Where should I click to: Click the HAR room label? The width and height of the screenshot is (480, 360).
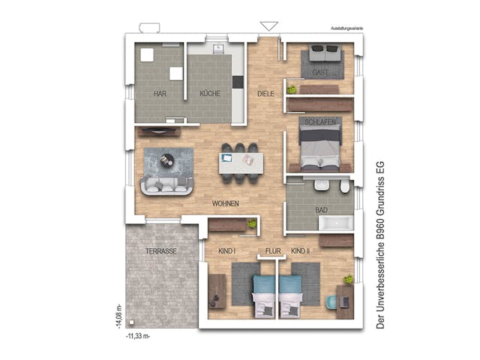(x=159, y=94)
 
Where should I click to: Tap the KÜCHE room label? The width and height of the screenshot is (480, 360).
(x=209, y=94)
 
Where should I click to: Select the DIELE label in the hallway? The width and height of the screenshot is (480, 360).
(x=265, y=94)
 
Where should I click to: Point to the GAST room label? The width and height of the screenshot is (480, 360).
(x=320, y=72)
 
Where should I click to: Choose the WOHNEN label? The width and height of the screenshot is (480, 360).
(x=226, y=203)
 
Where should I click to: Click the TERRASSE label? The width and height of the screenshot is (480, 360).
(x=162, y=251)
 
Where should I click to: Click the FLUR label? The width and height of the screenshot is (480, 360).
(x=271, y=251)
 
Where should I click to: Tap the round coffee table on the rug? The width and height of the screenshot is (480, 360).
(x=166, y=159)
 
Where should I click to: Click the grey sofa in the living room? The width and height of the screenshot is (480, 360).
(x=166, y=185)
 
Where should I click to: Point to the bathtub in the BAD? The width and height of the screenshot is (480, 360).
(x=336, y=223)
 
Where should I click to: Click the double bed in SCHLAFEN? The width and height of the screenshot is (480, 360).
(x=321, y=146)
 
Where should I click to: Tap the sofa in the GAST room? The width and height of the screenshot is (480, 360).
(x=324, y=54)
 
